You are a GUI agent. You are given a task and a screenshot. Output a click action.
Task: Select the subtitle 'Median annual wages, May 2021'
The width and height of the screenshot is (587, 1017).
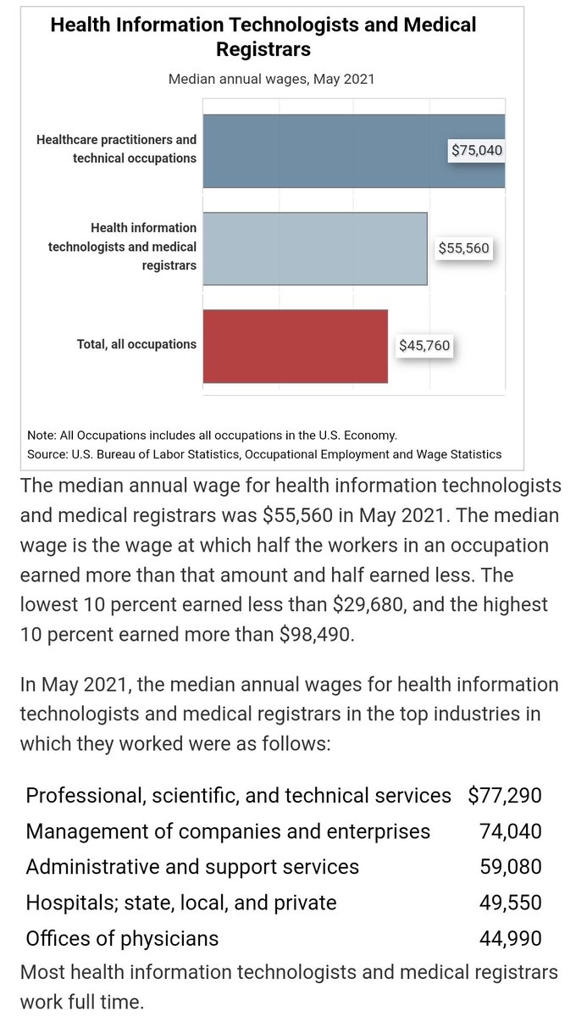pyautogui.click(x=271, y=79)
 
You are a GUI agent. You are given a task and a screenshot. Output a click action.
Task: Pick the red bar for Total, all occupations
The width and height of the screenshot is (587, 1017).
pyautogui.click(x=296, y=346)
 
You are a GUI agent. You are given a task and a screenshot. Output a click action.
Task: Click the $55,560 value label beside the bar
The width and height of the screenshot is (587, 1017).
pyautogui.click(x=463, y=249)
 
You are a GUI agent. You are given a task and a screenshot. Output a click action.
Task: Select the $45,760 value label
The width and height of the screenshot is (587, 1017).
pyautogui.click(x=424, y=346)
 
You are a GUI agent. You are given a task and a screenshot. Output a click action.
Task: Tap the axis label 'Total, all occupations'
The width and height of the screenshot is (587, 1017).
pyautogui.click(x=136, y=345)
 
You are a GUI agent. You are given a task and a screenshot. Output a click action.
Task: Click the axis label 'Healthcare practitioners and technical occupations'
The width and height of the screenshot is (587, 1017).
pyautogui.click(x=117, y=149)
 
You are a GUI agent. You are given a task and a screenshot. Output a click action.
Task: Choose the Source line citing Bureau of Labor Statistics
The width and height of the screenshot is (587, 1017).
pyautogui.click(x=264, y=454)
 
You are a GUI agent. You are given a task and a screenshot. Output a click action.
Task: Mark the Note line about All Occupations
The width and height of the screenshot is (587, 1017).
pyautogui.click(x=212, y=435)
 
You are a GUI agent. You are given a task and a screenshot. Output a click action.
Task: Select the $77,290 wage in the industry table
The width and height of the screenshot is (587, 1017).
pyautogui.click(x=504, y=796)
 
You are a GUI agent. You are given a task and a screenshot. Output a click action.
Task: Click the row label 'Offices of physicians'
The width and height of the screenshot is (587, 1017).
pyautogui.click(x=122, y=938)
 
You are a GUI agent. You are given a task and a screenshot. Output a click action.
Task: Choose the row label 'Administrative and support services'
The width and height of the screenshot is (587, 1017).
pyautogui.click(x=192, y=867)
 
